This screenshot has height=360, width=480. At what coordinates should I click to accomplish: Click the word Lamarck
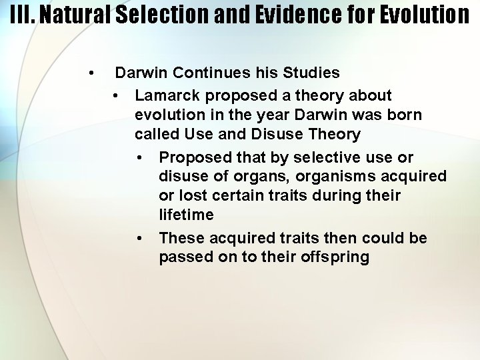coord(164,95)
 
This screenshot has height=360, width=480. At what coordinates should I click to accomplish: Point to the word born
coord(404,115)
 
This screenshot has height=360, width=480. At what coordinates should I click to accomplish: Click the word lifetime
coord(187,215)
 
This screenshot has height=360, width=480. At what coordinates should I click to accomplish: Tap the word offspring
coord(337,257)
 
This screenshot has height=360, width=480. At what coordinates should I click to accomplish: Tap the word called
coord(155,134)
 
